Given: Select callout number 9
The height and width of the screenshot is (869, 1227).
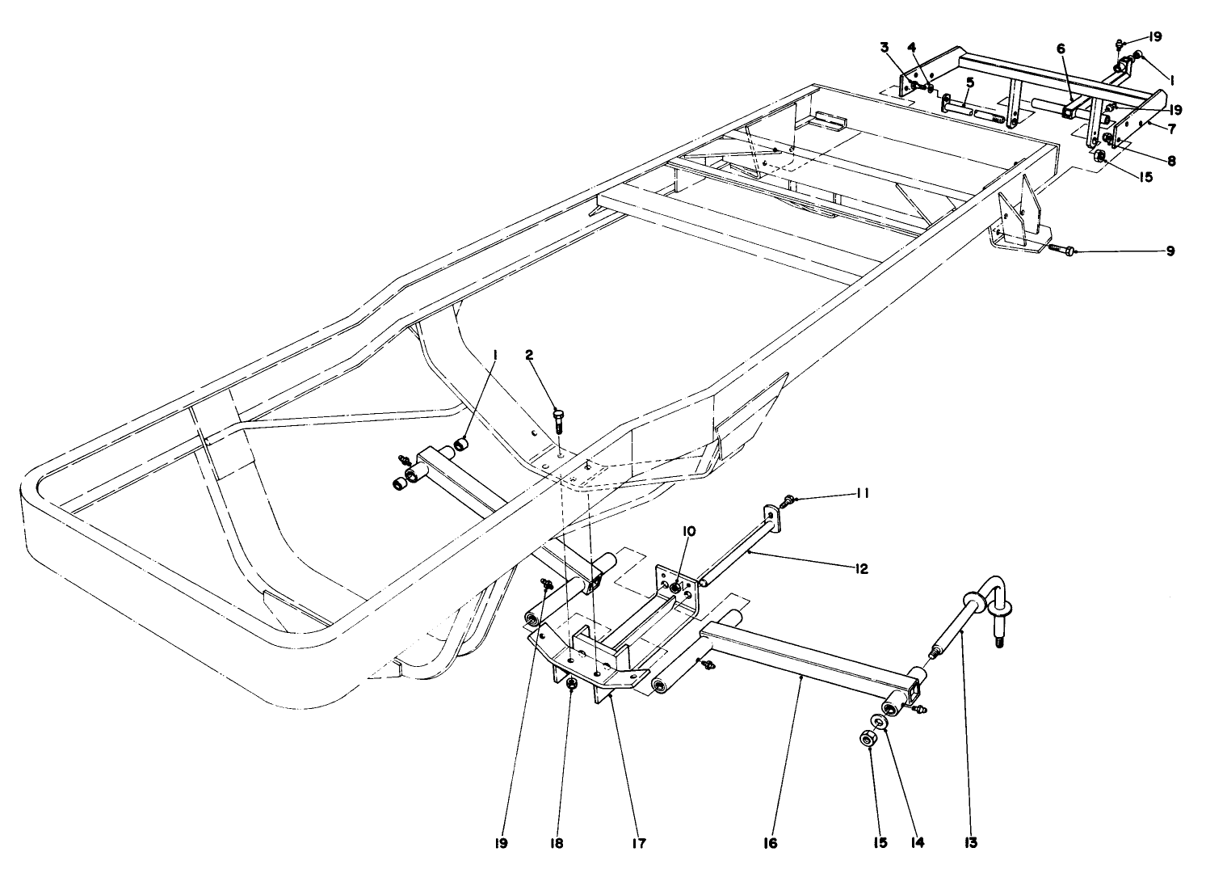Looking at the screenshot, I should (x=1170, y=251).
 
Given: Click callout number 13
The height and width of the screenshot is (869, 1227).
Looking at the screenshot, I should (x=970, y=843).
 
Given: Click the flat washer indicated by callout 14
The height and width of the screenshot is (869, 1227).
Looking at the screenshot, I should (x=878, y=722).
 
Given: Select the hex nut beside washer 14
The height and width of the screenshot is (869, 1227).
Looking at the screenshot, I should (x=867, y=739).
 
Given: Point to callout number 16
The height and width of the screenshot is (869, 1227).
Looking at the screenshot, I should (x=769, y=843).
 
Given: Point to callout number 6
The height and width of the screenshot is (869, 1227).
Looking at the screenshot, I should (x=1060, y=49).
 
